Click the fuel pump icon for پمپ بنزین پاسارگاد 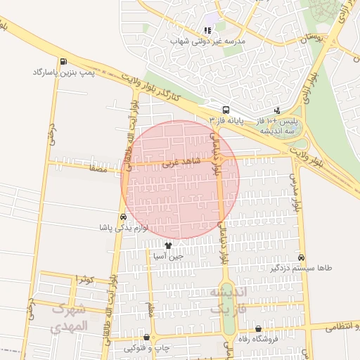[x=64, y=61]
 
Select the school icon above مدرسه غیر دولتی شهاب [x=207, y=30]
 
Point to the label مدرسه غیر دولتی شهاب [x=207, y=41]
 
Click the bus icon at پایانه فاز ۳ [x=226, y=110]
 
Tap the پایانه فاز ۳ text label [x=226, y=120]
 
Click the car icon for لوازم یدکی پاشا [x=124, y=217]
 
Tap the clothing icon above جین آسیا [x=168, y=245]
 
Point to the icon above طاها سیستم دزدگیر [x=302, y=258]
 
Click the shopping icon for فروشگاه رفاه [x=259, y=328]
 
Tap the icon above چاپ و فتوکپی [x=146, y=337]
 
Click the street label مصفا [x=97, y=169]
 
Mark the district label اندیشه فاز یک [x=225, y=299]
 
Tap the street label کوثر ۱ [x=85, y=279]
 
